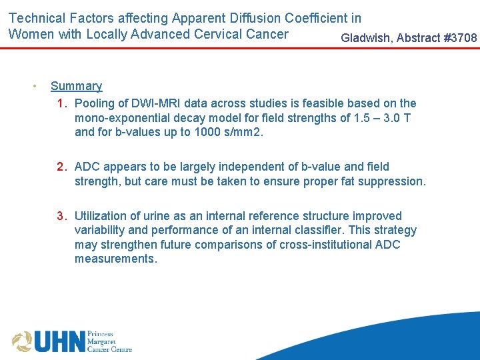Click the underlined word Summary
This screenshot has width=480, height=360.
click(76, 86)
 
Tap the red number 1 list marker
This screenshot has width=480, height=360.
click(61, 103)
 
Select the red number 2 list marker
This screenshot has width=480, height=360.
click(61, 167)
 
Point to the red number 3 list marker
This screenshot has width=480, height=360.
click(61, 216)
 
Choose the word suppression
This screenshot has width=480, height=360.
click(394, 181)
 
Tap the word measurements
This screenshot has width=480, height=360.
click(115, 259)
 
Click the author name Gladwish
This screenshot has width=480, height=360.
click(366, 38)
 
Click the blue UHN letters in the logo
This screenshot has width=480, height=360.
click(59, 341)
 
